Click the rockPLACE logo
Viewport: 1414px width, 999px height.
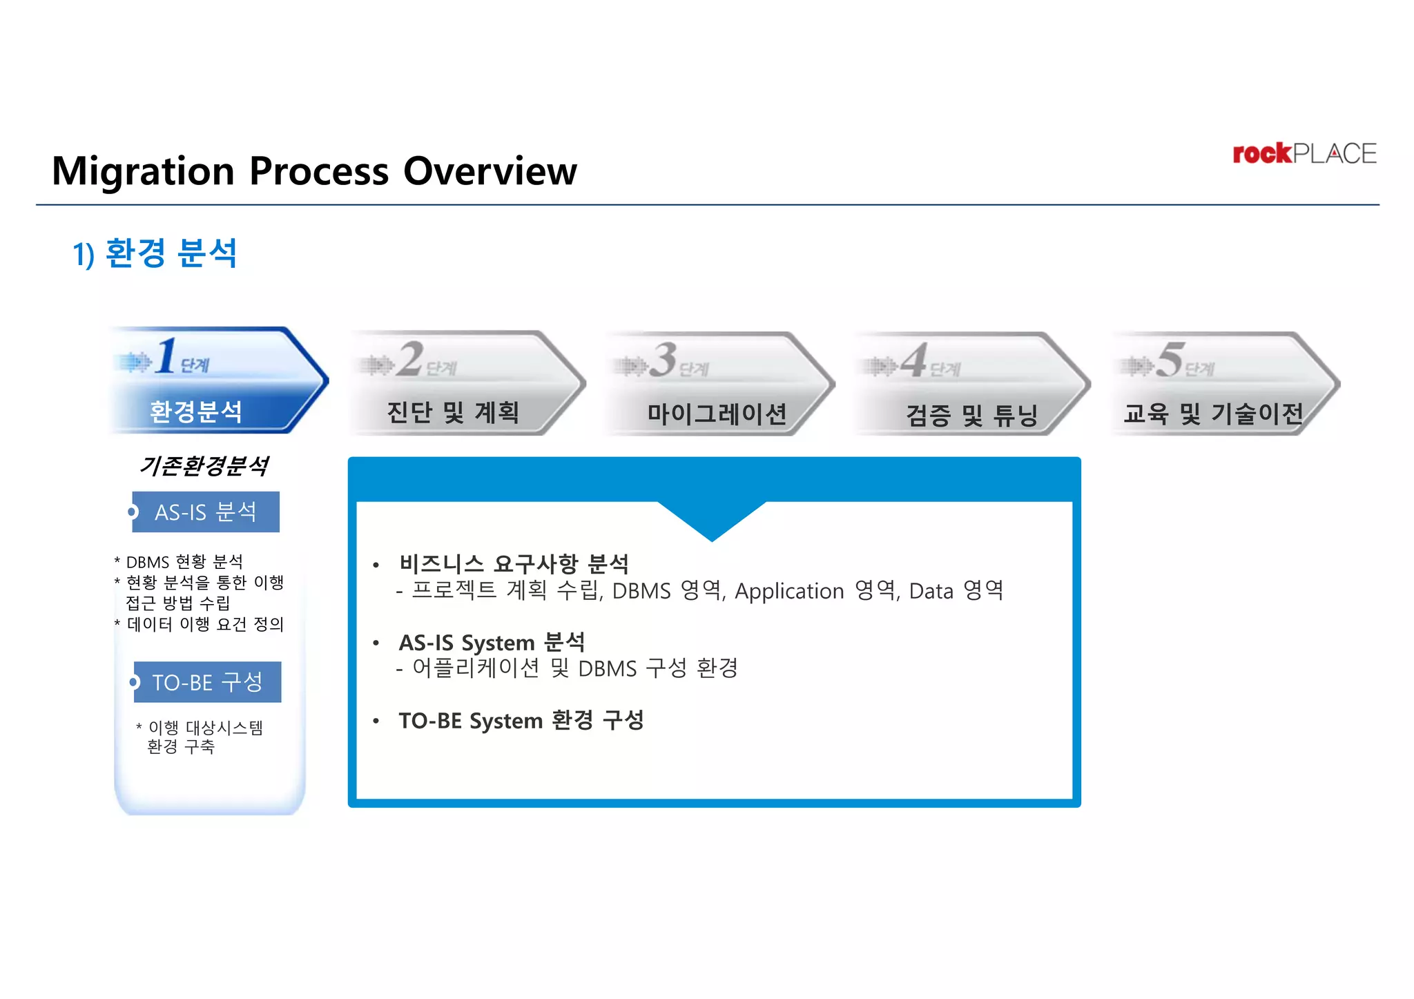point(1304,153)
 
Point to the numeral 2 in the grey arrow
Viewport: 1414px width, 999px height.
point(410,358)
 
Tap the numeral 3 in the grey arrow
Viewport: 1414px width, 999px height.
point(664,359)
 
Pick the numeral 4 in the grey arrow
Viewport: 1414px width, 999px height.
point(914,360)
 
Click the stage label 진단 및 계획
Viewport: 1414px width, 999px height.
point(453,412)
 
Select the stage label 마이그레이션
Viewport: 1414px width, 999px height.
point(717,414)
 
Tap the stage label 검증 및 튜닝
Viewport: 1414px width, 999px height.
point(971,415)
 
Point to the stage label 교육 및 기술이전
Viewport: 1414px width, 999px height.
point(1213,414)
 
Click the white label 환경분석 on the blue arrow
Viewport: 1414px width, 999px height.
point(196,411)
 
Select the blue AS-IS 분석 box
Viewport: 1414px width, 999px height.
point(206,512)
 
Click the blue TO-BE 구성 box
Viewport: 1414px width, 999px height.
point(207,682)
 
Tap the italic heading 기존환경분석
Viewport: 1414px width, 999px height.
point(204,465)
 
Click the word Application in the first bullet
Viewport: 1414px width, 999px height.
point(789,591)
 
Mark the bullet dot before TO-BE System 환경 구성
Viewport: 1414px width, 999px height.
point(376,721)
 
